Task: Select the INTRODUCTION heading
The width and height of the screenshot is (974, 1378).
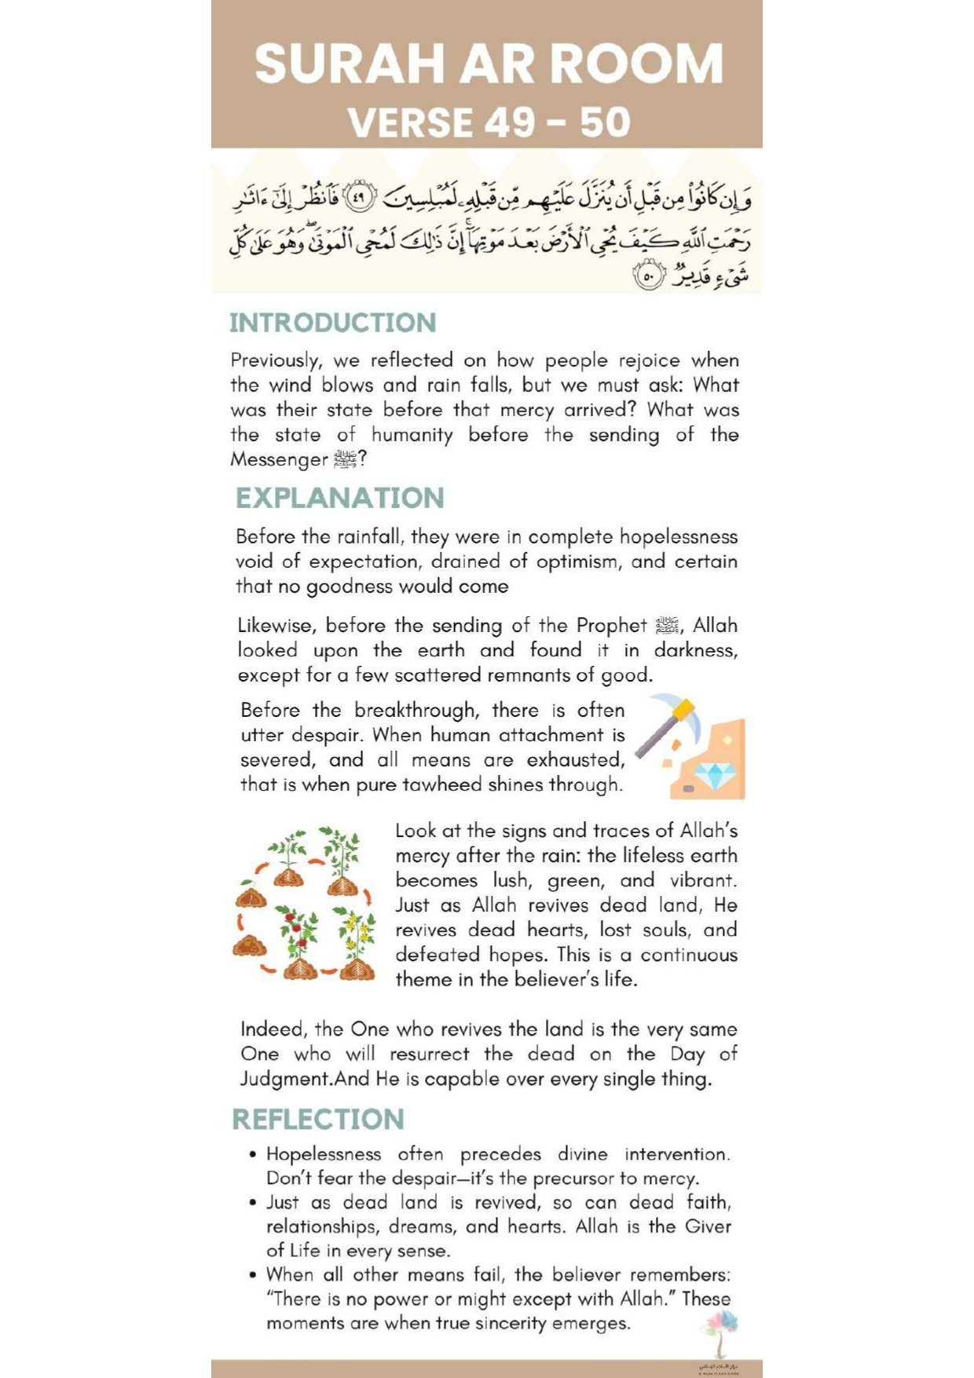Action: coord(332,323)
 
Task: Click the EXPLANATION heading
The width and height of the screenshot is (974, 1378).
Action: coord(339,498)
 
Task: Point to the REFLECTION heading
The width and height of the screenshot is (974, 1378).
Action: coord(318,1119)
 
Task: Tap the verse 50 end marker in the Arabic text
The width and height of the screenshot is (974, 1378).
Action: coord(648,276)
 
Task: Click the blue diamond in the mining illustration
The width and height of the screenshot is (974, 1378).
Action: coord(715,775)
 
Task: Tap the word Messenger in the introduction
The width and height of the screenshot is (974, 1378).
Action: coord(278,459)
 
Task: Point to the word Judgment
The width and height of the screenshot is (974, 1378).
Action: coord(287,1079)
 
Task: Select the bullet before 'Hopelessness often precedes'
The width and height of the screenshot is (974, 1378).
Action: coord(252,1154)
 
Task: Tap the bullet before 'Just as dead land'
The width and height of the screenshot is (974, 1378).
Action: coord(252,1202)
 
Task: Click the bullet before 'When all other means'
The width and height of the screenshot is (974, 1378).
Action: coord(252,1274)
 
